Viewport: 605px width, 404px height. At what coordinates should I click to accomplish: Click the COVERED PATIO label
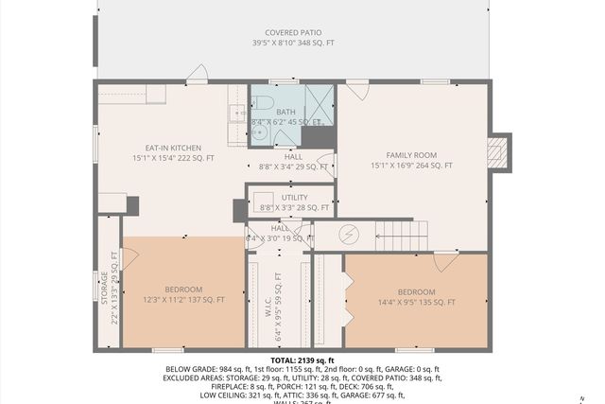292,32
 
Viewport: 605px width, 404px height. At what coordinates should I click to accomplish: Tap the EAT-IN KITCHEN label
172,148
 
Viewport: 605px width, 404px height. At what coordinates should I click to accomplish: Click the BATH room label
286,111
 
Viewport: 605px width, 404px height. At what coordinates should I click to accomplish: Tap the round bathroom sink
257,133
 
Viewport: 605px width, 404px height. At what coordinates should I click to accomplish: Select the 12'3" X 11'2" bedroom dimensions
183,300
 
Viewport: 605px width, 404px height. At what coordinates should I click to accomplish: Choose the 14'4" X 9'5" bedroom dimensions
416,303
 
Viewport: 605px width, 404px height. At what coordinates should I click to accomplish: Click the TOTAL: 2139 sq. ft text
303,360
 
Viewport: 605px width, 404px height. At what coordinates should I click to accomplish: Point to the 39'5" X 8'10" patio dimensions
292,44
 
